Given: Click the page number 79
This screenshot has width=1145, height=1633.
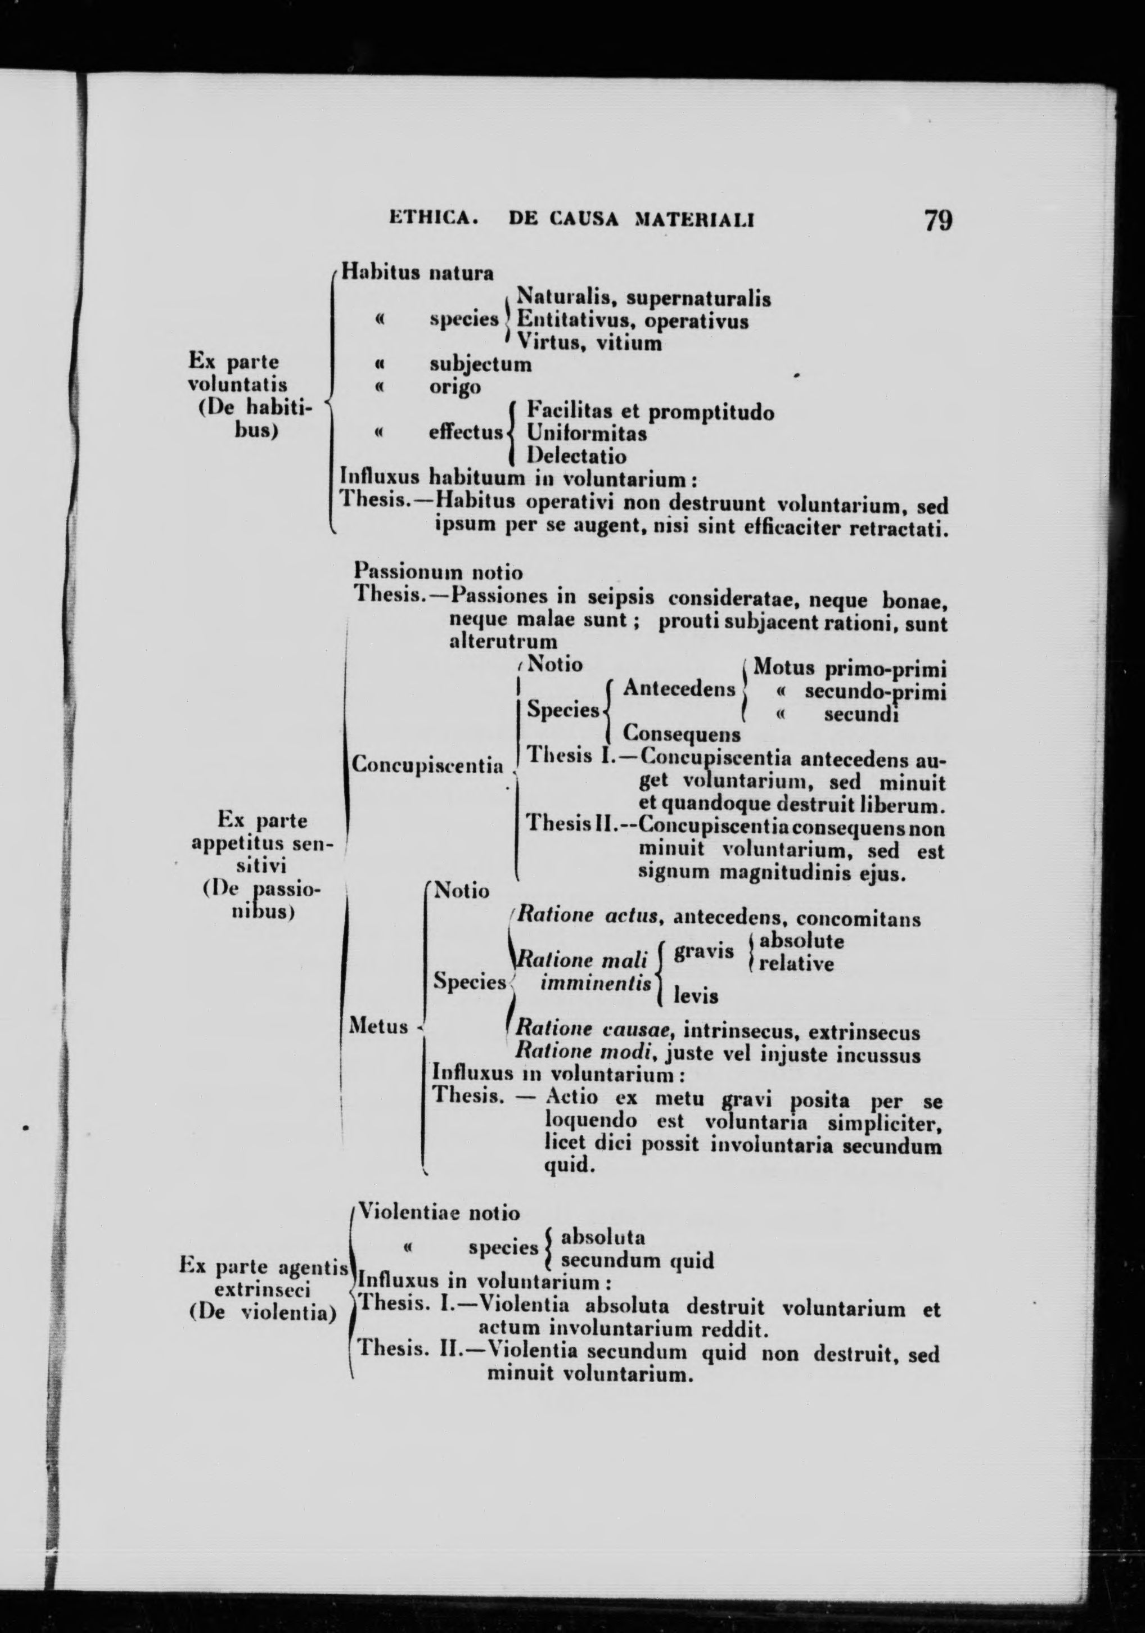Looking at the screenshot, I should tap(937, 220).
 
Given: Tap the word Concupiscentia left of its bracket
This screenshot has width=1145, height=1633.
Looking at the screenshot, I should tap(428, 765).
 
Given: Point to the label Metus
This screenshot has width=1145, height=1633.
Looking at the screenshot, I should tap(379, 1026).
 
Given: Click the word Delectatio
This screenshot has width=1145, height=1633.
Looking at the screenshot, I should tap(576, 455).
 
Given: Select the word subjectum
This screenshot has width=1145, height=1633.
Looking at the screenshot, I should tap(480, 364).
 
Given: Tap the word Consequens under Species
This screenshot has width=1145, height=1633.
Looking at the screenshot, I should tap(681, 733).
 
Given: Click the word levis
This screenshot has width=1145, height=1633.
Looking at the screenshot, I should tap(696, 996).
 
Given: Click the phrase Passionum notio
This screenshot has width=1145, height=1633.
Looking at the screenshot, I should tap(438, 572).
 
